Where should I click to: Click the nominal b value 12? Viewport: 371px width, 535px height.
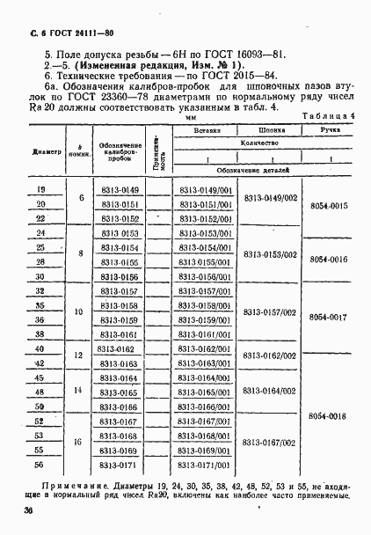(x=80, y=355)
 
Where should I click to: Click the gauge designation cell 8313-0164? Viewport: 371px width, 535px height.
(x=119, y=378)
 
